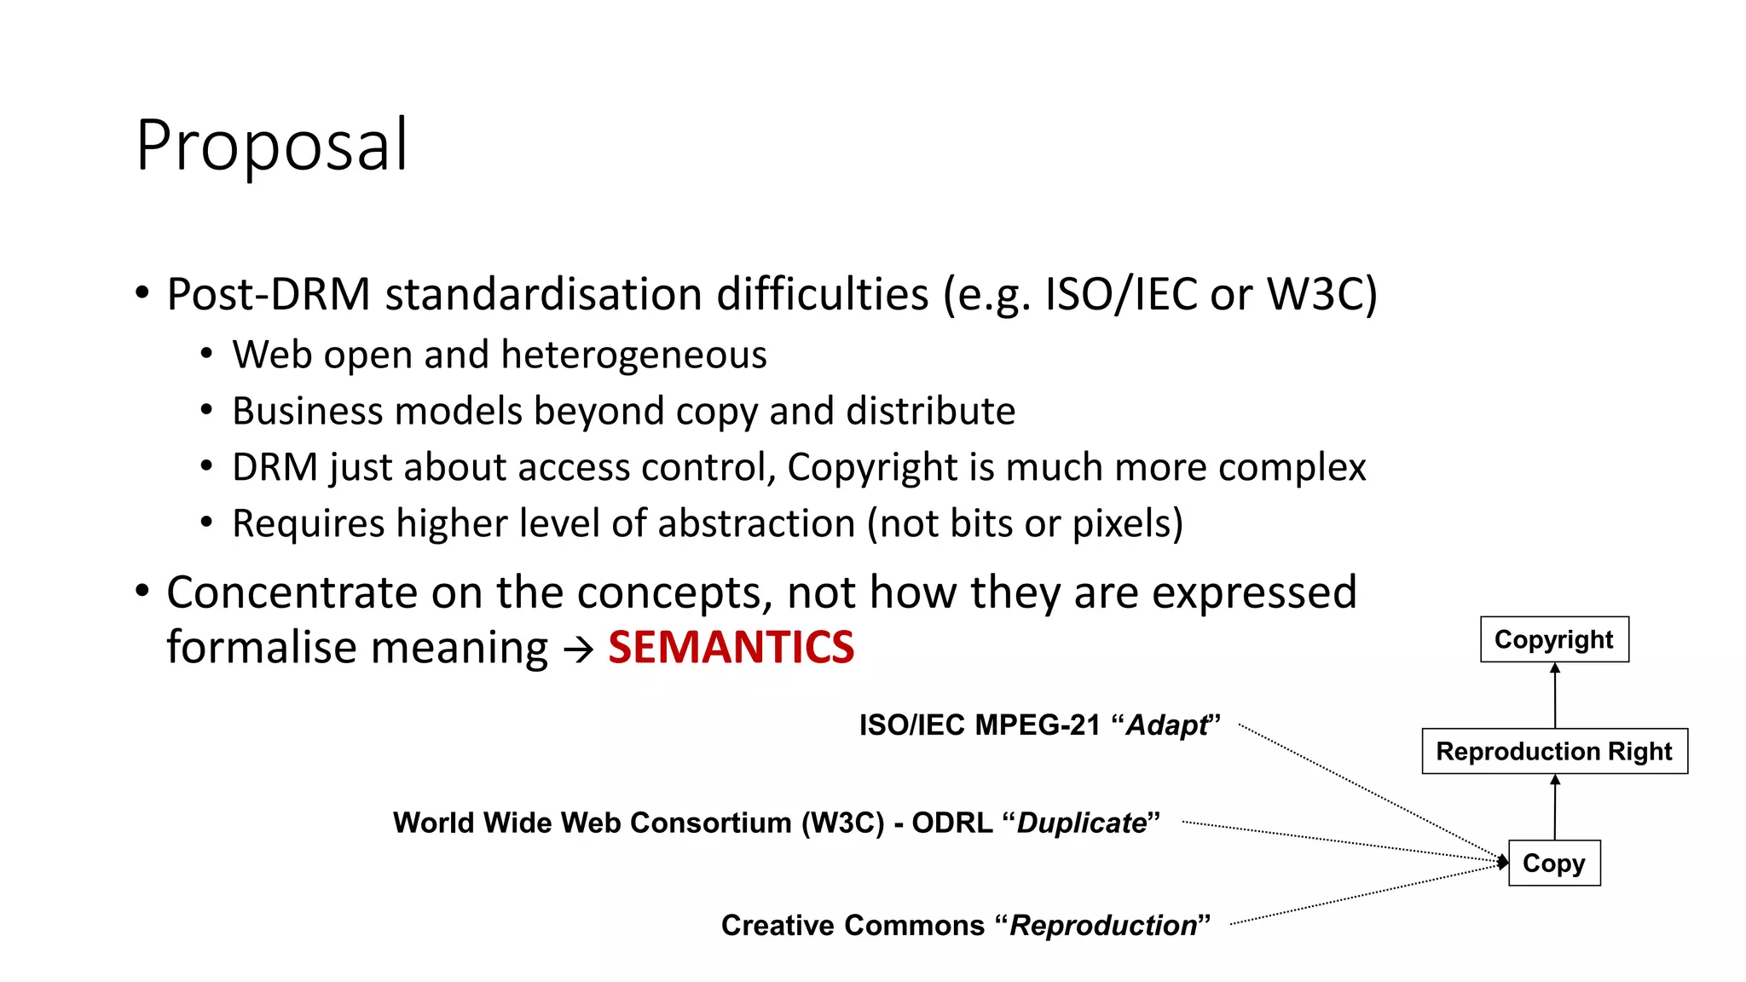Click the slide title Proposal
(272, 145)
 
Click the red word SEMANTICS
(731, 648)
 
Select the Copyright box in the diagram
(1553, 639)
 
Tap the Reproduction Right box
(1553, 751)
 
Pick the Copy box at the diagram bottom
(1553, 864)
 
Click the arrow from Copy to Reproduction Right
(1554, 807)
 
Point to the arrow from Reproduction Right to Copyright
(1554, 696)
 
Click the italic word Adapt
(1166, 725)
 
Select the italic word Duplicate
(1081, 823)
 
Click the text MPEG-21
(1038, 725)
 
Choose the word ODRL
(951, 823)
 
